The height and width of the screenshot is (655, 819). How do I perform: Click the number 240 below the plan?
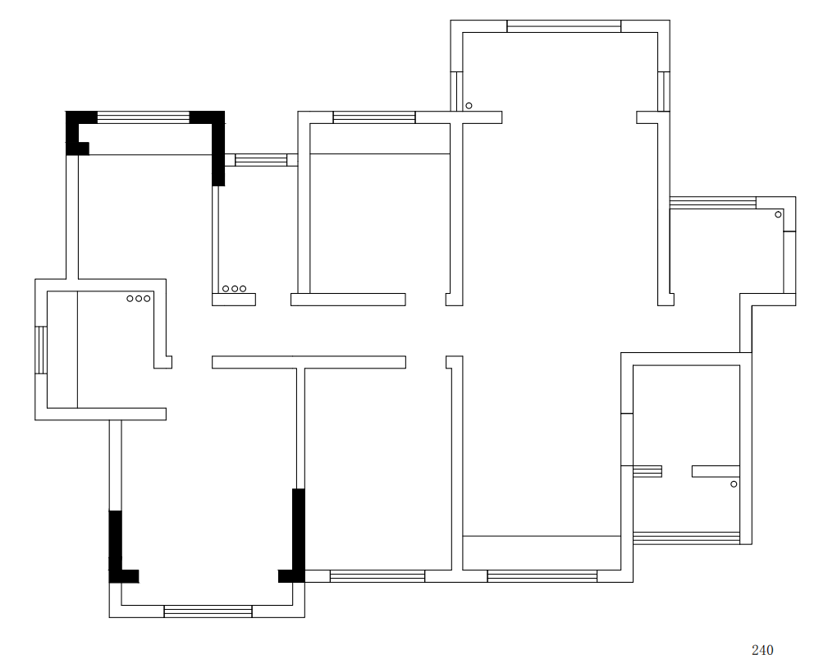click(x=762, y=650)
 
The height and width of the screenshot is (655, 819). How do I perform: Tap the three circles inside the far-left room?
click(x=139, y=299)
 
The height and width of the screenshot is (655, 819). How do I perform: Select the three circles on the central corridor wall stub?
click(x=234, y=289)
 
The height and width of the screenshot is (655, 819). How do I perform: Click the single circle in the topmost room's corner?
click(x=469, y=106)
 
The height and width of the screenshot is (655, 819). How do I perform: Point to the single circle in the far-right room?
click(x=778, y=214)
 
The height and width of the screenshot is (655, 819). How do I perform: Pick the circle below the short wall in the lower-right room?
click(x=734, y=484)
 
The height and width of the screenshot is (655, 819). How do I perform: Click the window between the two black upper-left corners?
click(x=144, y=117)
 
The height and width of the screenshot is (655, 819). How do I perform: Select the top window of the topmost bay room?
click(x=564, y=26)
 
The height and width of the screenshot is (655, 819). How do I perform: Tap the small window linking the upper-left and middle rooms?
click(x=261, y=159)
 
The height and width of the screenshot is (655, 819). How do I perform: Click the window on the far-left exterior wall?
click(x=40, y=350)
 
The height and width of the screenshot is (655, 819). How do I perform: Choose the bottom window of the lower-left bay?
click(x=208, y=611)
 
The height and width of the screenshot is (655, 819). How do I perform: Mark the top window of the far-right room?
click(x=712, y=203)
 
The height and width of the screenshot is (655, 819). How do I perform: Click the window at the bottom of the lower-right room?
click(x=692, y=538)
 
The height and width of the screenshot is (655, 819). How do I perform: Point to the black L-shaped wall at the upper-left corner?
click(x=76, y=131)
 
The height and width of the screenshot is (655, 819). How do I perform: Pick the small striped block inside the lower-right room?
click(x=647, y=471)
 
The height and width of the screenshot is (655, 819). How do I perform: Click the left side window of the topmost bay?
click(x=456, y=90)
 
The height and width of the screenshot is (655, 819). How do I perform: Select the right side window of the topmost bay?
click(x=664, y=90)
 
